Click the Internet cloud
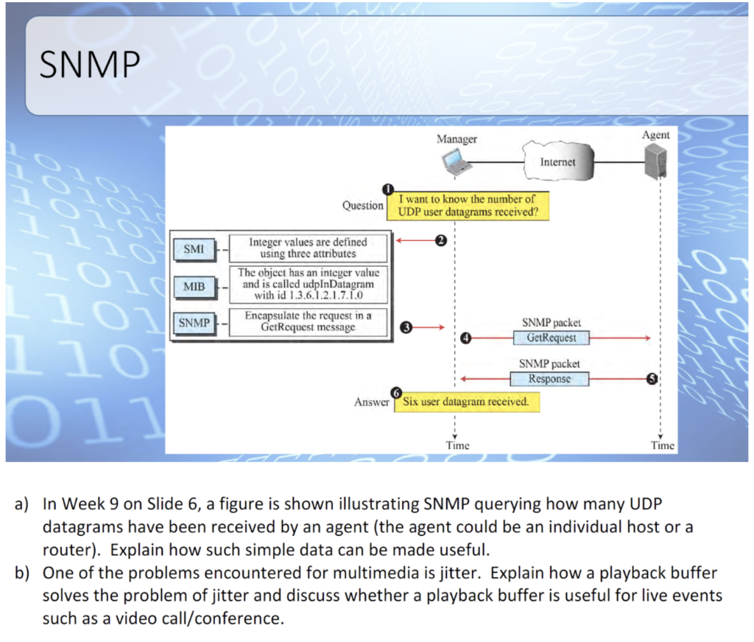coord(557,161)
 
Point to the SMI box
coord(194,249)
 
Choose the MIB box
coord(194,285)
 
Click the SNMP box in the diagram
coord(194,323)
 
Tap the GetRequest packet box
coord(551,338)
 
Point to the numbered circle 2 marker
coord(440,240)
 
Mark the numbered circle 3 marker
coord(406,326)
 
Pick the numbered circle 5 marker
coord(651,379)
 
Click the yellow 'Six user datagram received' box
coord(467,402)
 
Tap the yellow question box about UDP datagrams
coord(467,206)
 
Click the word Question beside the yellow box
coord(362,206)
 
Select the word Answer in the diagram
coord(372,402)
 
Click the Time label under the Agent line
coord(663,445)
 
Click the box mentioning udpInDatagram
coord(308,285)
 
